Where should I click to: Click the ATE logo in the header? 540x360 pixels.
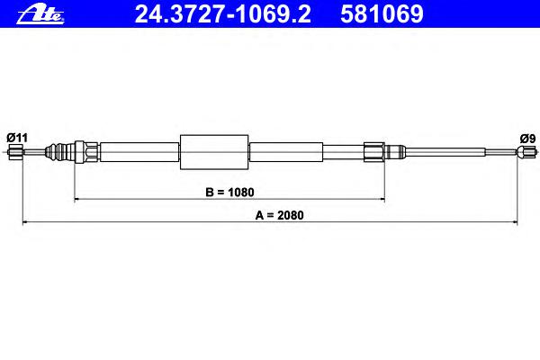(40, 14)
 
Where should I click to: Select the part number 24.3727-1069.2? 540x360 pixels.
(222, 14)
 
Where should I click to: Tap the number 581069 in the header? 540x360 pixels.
(382, 14)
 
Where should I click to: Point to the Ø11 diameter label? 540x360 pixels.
(17, 138)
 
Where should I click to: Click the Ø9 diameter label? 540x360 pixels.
(527, 139)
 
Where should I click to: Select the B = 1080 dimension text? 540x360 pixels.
(229, 193)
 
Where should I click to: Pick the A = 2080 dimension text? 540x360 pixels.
(279, 215)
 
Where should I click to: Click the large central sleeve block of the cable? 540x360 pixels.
(214, 152)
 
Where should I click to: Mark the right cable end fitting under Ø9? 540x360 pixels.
(526, 151)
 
